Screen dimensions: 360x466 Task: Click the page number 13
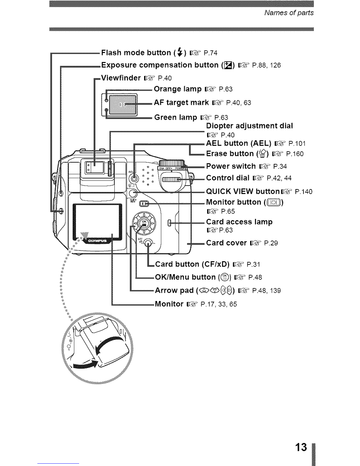(301, 447)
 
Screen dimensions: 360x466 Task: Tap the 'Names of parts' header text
(289, 13)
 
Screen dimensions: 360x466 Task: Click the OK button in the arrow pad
(144, 223)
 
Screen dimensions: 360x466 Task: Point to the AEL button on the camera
(134, 178)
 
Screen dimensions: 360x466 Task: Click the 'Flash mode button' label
(136, 53)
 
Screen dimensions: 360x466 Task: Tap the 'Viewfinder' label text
(121, 78)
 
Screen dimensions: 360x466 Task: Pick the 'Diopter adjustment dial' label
(249, 126)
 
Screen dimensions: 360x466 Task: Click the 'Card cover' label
(226, 243)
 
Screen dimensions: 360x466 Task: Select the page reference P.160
(295, 154)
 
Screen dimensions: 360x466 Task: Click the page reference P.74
(211, 53)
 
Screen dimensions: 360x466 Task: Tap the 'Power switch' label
(231, 166)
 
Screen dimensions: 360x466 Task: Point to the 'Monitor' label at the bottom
(169, 304)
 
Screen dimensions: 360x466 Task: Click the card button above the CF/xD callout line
(148, 243)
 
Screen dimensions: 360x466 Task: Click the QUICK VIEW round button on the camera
(133, 193)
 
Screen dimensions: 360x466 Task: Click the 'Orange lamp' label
(178, 89)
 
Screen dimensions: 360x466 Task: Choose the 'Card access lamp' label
(239, 222)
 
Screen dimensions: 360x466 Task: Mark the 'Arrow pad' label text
(174, 290)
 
